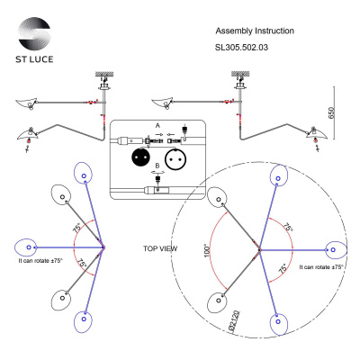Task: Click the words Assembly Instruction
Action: click(256, 31)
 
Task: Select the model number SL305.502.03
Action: click(243, 49)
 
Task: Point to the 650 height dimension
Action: click(331, 112)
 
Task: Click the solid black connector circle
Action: click(140, 154)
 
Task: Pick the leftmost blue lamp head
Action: click(30, 246)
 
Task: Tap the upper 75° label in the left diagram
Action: click(79, 229)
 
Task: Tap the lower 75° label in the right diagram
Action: click(284, 268)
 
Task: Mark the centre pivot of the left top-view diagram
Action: click(103, 246)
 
